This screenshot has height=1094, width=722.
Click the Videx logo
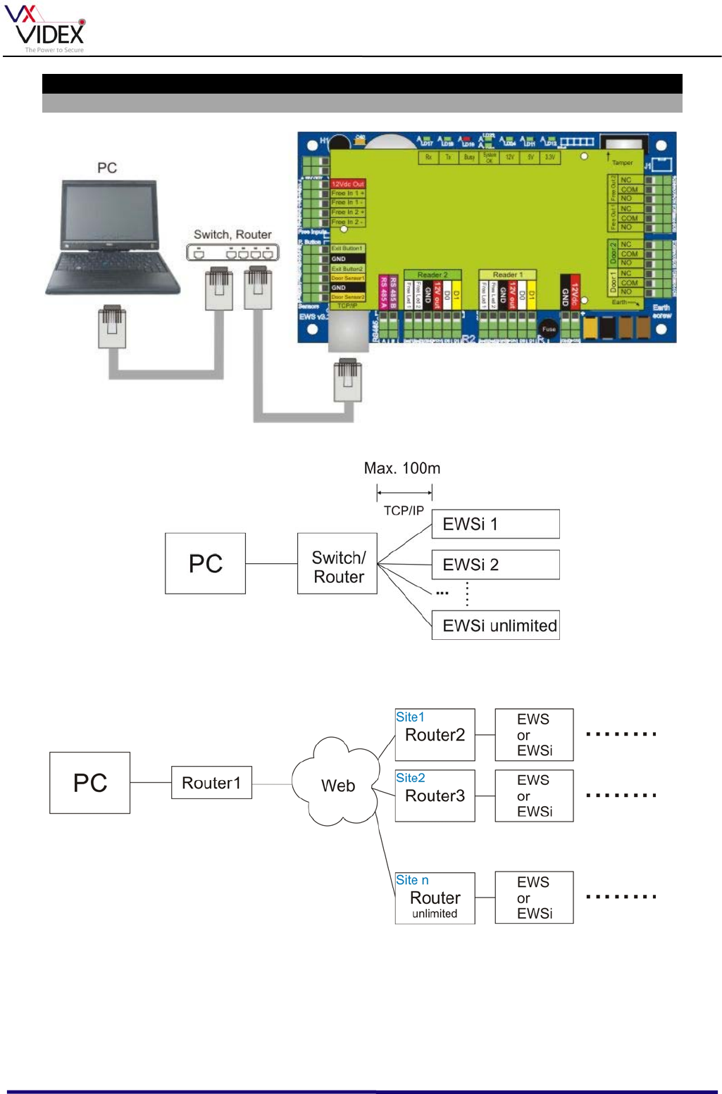point(45,29)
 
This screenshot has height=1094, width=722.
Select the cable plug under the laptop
point(112,327)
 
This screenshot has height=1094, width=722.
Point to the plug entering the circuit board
point(347,380)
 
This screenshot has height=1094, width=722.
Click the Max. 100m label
point(402,469)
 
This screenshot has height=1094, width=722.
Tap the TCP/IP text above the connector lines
point(404,510)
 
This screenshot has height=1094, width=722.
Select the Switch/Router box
point(337,564)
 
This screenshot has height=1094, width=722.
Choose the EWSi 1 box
point(495,524)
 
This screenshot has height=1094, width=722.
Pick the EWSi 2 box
point(495,565)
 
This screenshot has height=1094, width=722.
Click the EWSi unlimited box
point(495,625)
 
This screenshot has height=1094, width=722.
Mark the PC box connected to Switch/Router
point(205,564)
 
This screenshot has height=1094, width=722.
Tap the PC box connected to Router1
point(89,783)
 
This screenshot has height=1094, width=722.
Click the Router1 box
point(211,783)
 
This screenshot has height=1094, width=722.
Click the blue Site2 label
point(410,778)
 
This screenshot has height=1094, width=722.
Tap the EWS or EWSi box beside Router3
point(534,796)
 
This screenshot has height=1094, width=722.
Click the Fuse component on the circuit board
point(548,329)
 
